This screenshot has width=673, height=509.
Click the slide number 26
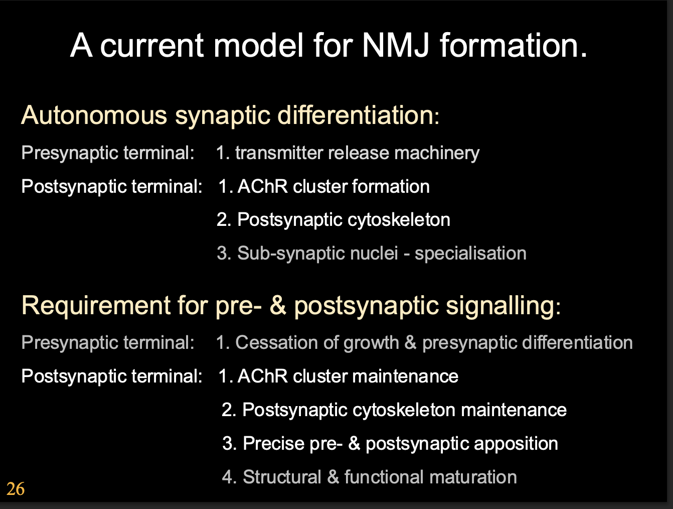pyautogui.click(x=16, y=488)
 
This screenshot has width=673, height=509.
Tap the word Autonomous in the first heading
pyautogui.click(x=94, y=115)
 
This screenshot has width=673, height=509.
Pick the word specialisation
pyautogui.click(x=470, y=253)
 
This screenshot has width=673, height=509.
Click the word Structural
pyautogui.click(x=282, y=477)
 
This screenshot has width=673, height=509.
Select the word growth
pyautogui.click(x=372, y=342)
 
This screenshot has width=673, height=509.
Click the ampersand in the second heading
pyautogui.click(x=278, y=305)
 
